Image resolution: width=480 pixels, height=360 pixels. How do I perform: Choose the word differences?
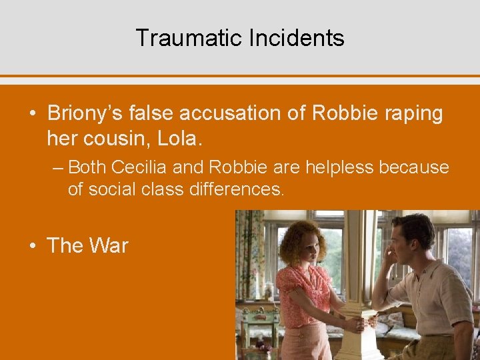click(237, 189)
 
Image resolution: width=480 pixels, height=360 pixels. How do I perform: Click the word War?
click(108, 245)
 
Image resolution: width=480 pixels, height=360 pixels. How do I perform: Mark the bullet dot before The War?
click(33, 246)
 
